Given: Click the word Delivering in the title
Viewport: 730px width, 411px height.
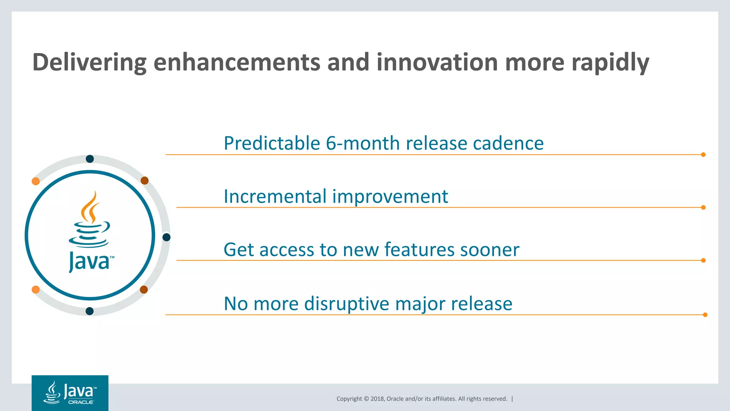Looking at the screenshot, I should click(x=89, y=62).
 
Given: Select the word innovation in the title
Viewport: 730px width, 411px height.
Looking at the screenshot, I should click(x=437, y=62).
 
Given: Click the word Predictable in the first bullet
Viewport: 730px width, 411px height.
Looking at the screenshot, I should click(x=272, y=143).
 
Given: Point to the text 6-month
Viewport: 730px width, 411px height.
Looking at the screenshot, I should click(x=363, y=143).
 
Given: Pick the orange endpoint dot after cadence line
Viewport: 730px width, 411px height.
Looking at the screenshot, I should click(x=703, y=154).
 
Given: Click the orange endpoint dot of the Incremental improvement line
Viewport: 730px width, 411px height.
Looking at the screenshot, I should click(x=703, y=207).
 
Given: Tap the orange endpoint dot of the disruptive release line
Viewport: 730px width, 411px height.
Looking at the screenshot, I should click(x=705, y=315).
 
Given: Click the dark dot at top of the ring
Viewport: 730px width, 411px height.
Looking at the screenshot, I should click(x=90, y=159).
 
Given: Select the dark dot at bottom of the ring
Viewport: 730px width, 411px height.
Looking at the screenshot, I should click(x=90, y=311).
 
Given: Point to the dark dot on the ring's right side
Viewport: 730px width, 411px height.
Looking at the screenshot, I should click(x=166, y=237).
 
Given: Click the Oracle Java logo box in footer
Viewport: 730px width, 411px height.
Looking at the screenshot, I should click(x=70, y=393).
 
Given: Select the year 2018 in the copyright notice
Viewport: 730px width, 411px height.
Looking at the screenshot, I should click(x=377, y=399).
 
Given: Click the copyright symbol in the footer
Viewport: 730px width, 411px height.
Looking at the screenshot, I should click(x=366, y=399).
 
